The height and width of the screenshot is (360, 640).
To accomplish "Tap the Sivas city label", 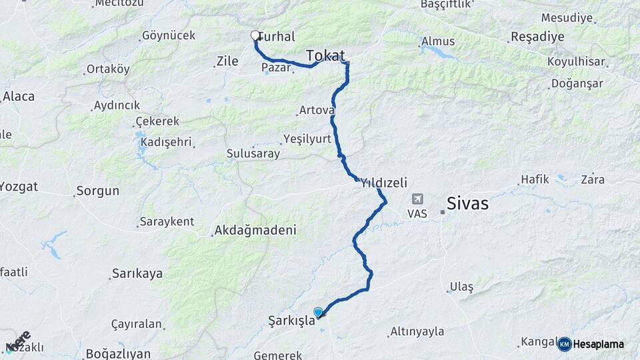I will tap(467, 203).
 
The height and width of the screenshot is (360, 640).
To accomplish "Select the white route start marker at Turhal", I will tap(255, 36).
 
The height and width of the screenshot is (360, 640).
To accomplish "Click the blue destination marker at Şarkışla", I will tap(318, 312).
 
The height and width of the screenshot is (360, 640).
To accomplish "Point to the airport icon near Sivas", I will tap(417, 199).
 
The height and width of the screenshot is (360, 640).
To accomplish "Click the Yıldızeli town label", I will tap(383, 182).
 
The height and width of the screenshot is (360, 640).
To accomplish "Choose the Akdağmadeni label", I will tap(254, 231).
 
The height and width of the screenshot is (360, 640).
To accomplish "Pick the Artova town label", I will tap(315, 109).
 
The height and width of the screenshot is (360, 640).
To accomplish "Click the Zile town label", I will tap(227, 62).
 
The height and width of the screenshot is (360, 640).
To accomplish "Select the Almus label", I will tap(439, 41).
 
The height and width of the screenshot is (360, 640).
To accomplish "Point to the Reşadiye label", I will tap(537, 36).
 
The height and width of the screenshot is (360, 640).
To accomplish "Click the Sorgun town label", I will tap(97, 191).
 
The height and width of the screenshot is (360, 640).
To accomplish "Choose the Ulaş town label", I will tap(461, 287).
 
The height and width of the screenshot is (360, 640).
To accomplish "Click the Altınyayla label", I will tap(417, 331).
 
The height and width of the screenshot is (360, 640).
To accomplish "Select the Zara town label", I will tap(593, 179).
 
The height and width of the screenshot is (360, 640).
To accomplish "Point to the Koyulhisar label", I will tap(575, 62).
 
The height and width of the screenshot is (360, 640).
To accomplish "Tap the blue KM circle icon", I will tap(564, 344).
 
